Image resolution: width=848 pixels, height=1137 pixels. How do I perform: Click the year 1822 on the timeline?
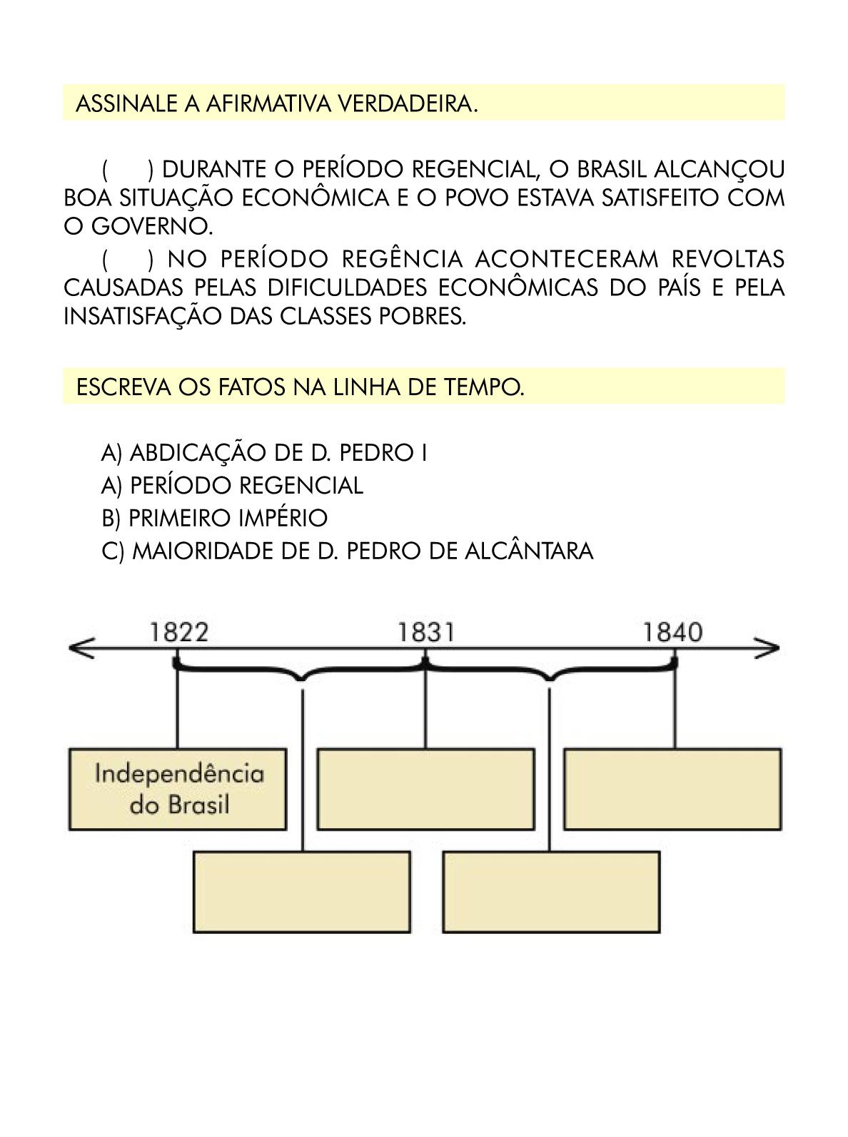179,633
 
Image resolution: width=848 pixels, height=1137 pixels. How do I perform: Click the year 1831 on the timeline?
426,633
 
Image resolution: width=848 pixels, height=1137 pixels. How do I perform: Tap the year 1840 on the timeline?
673,633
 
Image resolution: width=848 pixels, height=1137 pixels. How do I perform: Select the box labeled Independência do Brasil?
178,789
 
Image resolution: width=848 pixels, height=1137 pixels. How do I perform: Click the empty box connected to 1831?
425,789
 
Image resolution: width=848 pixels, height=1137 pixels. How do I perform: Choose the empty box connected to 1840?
673,789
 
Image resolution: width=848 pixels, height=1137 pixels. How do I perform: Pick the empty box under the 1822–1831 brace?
302,892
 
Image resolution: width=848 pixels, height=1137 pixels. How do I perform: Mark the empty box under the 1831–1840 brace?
552,892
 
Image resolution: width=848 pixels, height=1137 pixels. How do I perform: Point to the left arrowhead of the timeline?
82,648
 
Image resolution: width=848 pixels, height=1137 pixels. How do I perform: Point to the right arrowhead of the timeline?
767,648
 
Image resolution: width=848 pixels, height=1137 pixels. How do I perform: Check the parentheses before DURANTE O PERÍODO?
128,169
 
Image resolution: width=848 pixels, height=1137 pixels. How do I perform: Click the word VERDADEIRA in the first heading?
408,104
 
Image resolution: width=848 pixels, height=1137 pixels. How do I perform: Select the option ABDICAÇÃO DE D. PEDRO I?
264,453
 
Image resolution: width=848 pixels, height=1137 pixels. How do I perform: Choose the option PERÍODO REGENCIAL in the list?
232,485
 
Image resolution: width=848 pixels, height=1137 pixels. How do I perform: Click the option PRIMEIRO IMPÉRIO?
215,518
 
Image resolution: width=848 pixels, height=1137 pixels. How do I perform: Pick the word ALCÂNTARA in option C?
529,551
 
